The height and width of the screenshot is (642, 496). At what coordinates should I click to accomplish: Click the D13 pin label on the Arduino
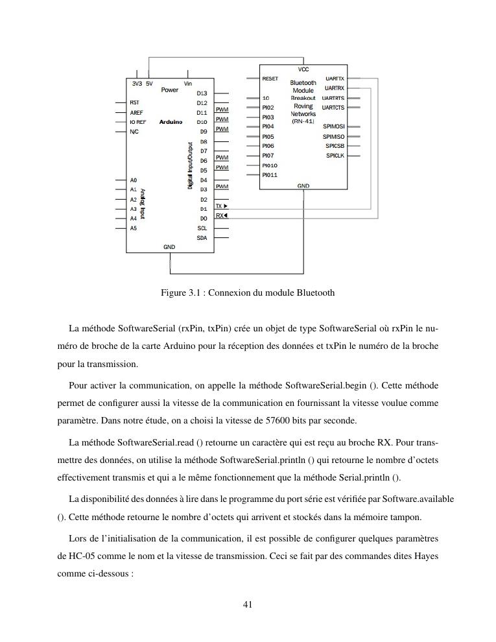click(202, 93)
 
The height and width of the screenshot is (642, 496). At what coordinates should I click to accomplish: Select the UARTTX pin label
click(335, 78)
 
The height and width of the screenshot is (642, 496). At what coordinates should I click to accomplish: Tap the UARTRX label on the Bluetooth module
click(335, 88)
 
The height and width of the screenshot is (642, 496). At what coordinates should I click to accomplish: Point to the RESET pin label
click(270, 78)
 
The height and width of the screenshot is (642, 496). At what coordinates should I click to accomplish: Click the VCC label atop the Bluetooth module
click(303, 69)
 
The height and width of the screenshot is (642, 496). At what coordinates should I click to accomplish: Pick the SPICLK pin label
click(335, 156)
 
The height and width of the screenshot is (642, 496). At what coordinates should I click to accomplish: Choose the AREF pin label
click(136, 112)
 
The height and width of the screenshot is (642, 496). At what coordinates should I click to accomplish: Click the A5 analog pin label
click(134, 228)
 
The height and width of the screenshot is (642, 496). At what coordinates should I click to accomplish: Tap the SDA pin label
click(202, 238)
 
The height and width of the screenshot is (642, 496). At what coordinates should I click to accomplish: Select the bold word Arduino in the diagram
click(171, 122)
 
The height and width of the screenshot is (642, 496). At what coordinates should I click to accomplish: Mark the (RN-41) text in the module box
click(303, 121)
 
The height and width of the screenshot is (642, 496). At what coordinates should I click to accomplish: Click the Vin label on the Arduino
click(188, 84)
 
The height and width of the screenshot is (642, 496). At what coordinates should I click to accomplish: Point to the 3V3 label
click(136, 84)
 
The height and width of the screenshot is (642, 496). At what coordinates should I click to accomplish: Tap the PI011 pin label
click(270, 175)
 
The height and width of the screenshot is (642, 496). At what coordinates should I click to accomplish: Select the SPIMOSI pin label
click(334, 127)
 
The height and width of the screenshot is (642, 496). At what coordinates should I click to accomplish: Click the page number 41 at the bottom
click(247, 604)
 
